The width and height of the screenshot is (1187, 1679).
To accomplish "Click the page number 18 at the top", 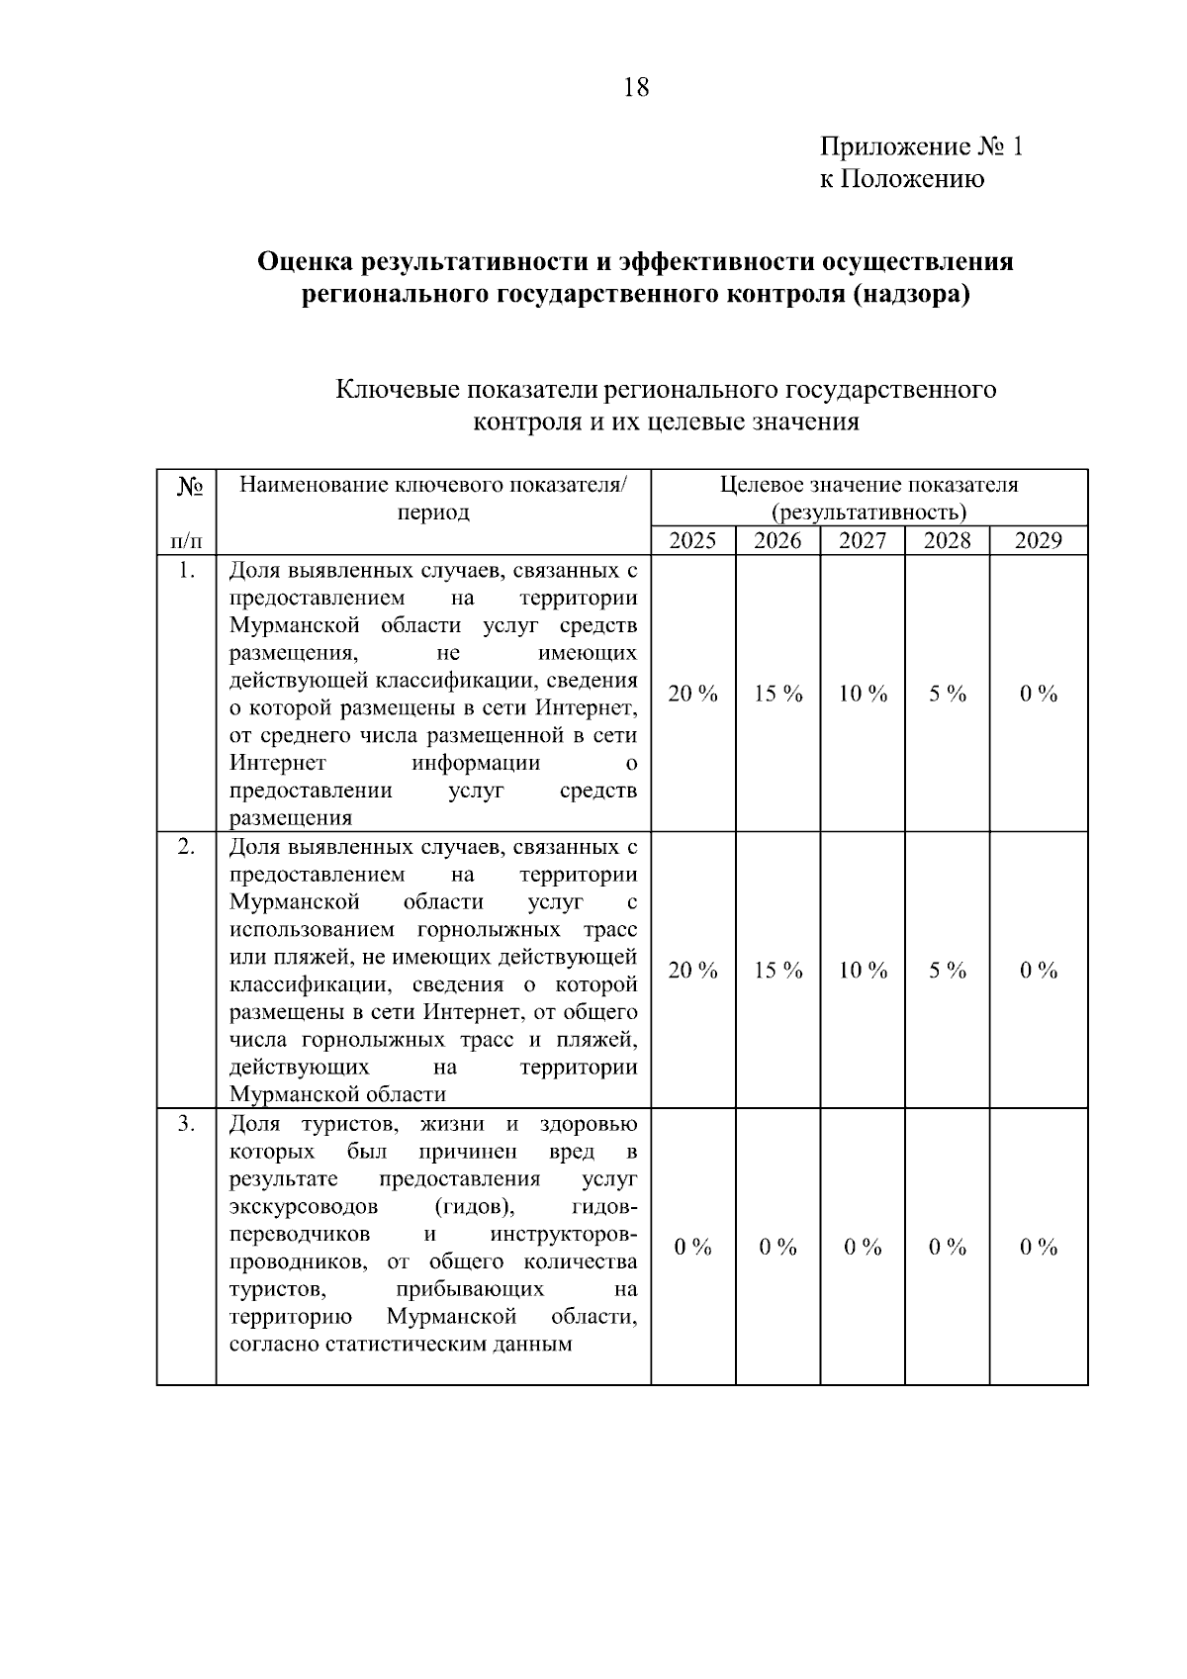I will pyautogui.click(x=637, y=88).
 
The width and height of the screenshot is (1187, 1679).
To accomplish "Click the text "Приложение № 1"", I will pyautogui.click(x=922, y=147).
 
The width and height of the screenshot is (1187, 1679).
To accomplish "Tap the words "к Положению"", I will pyautogui.click(x=901, y=179).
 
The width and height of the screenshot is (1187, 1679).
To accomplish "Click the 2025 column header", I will pyautogui.click(x=692, y=540).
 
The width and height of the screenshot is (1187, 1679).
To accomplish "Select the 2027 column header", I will pyautogui.click(x=863, y=540).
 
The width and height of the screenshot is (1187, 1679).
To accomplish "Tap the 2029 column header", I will pyautogui.click(x=1039, y=540).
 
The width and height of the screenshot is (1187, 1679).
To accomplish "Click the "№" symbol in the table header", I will pyautogui.click(x=189, y=487).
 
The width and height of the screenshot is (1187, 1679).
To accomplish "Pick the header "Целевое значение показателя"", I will pyautogui.click(x=868, y=485).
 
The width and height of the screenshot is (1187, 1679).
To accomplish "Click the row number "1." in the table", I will pyautogui.click(x=186, y=571).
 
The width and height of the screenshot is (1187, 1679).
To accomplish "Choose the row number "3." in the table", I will pyautogui.click(x=186, y=1124).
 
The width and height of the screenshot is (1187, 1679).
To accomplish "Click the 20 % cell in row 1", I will pyautogui.click(x=692, y=694).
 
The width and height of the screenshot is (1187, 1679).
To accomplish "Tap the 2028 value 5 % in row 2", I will pyautogui.click(x=947, y=971).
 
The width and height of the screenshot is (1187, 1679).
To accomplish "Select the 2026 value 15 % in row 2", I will pyautogui.click(x=777, y=971).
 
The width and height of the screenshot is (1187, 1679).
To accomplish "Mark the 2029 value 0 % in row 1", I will pyautogui.click(x=1039, y=694).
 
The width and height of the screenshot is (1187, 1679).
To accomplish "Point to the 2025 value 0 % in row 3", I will pyautogui.click(x=692, y=1247).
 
